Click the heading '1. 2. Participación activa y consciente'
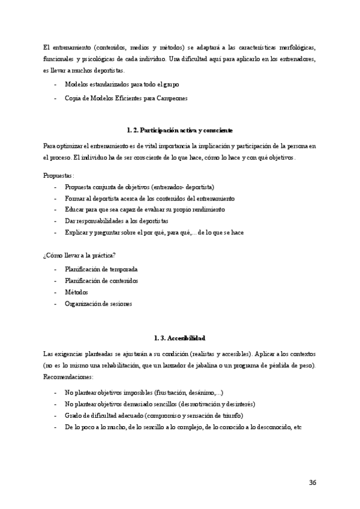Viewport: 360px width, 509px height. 179,130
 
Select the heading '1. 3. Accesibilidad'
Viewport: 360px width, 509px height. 179,337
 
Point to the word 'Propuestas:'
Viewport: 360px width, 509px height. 59,176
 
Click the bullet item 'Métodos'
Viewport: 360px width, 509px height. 76,292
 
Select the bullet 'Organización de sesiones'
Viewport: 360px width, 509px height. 98,303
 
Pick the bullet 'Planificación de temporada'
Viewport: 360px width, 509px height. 101,269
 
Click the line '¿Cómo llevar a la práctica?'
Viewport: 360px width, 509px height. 79,255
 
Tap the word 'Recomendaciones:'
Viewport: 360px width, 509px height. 68,377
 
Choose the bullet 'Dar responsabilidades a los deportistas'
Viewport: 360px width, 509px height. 116,221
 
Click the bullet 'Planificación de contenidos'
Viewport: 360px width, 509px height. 101,280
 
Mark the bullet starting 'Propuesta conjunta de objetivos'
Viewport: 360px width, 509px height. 139,187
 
